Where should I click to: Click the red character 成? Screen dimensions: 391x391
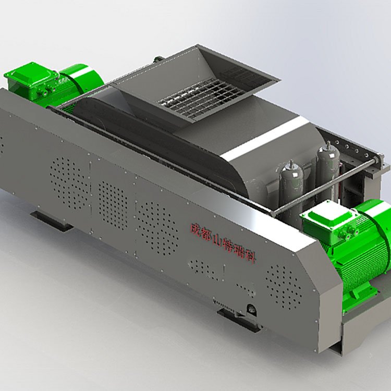(195, 229)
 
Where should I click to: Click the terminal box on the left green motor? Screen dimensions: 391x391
(31, 79)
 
